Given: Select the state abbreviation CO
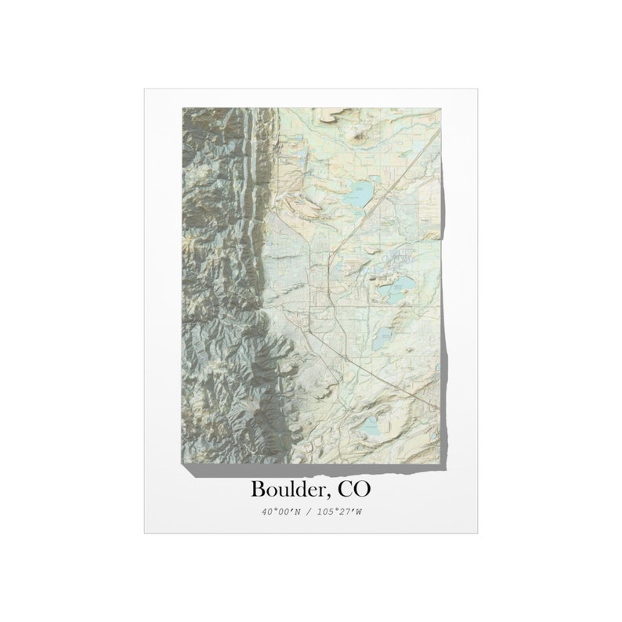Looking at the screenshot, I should point(354,489).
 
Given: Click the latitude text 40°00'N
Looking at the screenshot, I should point(283,512).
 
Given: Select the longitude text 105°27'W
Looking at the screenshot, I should point(338,512).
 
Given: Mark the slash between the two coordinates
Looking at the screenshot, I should point(310,512).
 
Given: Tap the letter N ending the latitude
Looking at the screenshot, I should point(298,512).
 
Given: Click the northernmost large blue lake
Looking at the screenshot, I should point(356,193).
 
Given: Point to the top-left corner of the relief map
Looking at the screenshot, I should point(183,109).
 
